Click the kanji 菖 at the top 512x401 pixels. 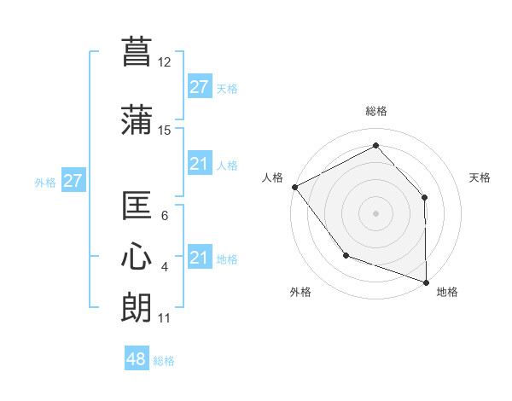(137, 49)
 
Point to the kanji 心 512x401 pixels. (137, 258)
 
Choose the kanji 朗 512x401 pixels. (137, 307)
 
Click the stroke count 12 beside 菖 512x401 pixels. (165, 62)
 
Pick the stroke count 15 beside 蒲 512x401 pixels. (165, 131)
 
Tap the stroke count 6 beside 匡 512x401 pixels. (165, 216)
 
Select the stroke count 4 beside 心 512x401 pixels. (165, 267)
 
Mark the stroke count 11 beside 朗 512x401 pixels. (164, 318)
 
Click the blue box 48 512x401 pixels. (137, 359)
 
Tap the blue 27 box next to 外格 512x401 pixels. (73, 181)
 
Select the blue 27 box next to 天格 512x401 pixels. (199, 87)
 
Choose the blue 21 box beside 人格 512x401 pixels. (199, 164)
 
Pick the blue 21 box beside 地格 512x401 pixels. (199, 258)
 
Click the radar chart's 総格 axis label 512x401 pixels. (375, 111)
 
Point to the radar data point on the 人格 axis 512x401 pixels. (294, 187)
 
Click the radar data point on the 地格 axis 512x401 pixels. (426, 282)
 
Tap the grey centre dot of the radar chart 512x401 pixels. (375, 212)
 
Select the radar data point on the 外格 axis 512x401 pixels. (346, 254)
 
